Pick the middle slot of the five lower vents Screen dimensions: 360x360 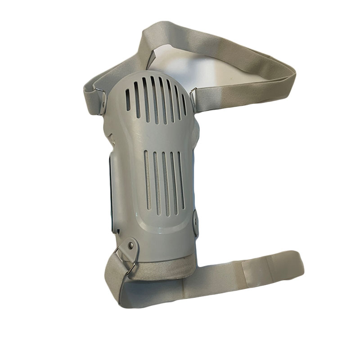(164, 183)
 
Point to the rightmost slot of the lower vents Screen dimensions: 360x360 (181, 180)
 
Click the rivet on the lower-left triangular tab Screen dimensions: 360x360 (130, 245)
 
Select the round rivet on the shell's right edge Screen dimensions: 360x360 (196, 220)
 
